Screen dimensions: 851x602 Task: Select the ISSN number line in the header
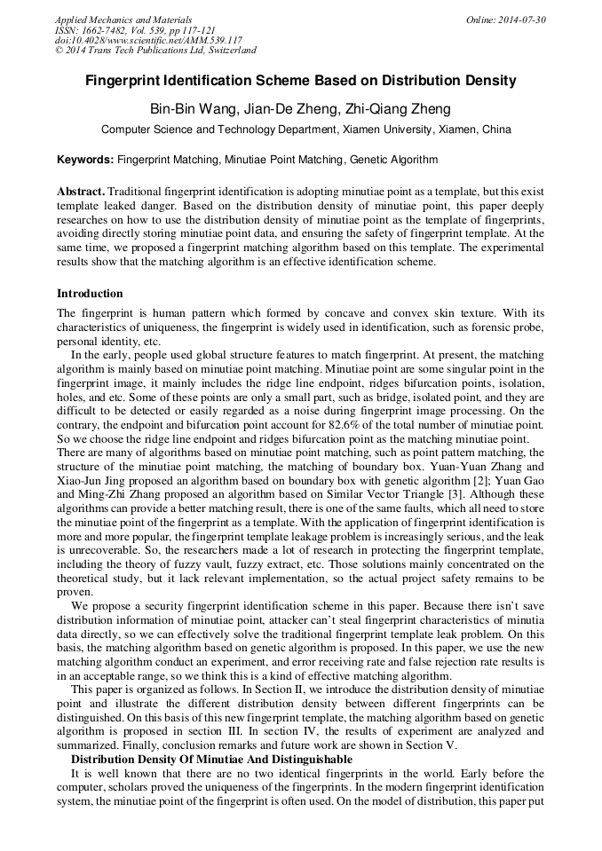tap(128, 29)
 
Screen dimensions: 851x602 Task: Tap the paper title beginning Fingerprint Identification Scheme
tap(300, 81)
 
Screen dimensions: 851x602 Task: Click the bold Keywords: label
tap(85, 161)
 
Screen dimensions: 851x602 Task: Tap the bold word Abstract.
tap(81, 192)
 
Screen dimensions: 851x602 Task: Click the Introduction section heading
tap(90, 294)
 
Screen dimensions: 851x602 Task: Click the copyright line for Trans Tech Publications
tap(155, 51)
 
